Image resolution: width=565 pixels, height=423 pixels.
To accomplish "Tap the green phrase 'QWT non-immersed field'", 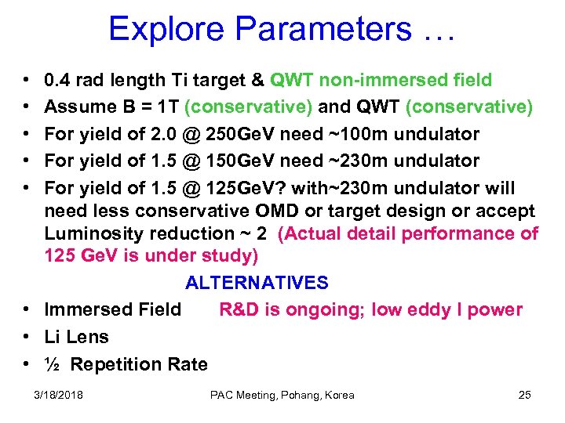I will click(x=381, y=80).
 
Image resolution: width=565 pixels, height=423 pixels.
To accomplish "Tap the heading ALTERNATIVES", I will click(x=257, y=283).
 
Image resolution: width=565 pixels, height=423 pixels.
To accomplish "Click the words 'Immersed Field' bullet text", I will click(x=113, y=309).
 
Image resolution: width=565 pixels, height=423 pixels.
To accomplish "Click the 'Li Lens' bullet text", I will click(x=77, y=337).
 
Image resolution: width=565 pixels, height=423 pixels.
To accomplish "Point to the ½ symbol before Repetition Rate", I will click(x=53, y=364).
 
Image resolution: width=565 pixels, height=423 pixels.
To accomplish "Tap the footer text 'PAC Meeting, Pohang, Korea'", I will click(x=282, y=395).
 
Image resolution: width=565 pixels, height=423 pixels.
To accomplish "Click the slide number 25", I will click(x=525, y=395).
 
